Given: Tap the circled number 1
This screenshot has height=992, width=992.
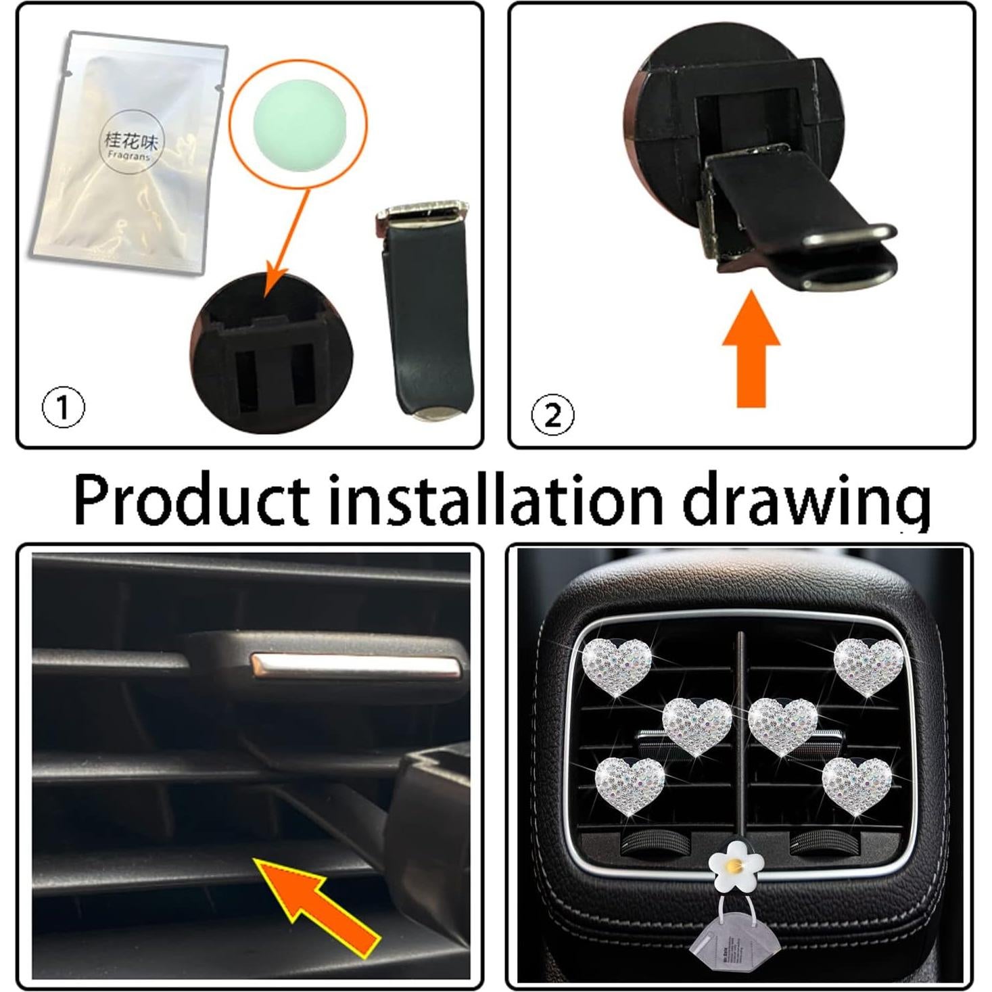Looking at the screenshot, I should click(x=64, y=408).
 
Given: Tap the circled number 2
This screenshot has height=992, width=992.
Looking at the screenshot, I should click(x=552, y=415).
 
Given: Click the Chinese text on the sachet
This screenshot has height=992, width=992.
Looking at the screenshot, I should click(x=131, y=141).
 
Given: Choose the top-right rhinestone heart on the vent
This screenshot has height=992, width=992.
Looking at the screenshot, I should click(x=868, y=663).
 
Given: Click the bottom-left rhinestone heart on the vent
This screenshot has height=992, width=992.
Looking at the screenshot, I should click(x=630, y=784).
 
